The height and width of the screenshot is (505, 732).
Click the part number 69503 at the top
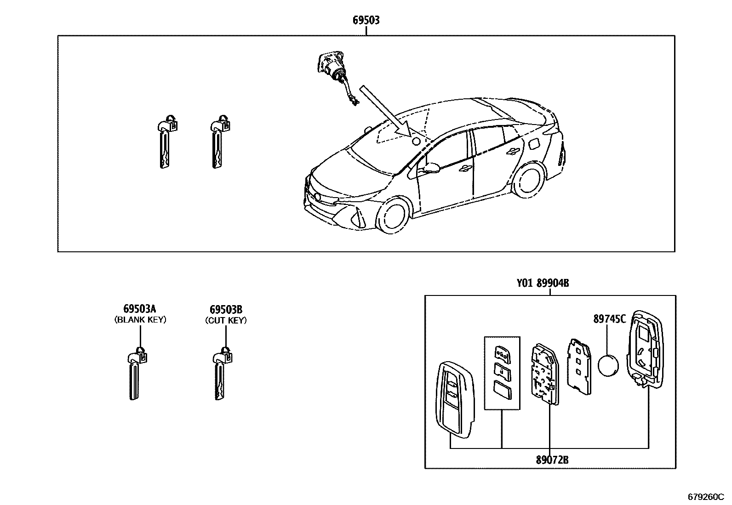(x=366, y=20)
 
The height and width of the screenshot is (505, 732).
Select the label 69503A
(x=140, y=309)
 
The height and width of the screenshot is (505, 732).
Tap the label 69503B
(x=226, y=309)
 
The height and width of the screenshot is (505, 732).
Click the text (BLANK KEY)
(x=140, y=320)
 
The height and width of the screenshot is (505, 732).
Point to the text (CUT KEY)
(x=226, y=320)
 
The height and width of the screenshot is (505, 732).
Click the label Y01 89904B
(x=543, y=284)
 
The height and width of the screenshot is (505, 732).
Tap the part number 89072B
(x=552, y=460)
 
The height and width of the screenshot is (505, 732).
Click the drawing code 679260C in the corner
(x=706, y=497)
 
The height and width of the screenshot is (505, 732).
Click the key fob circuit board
(x=545, y=374)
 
